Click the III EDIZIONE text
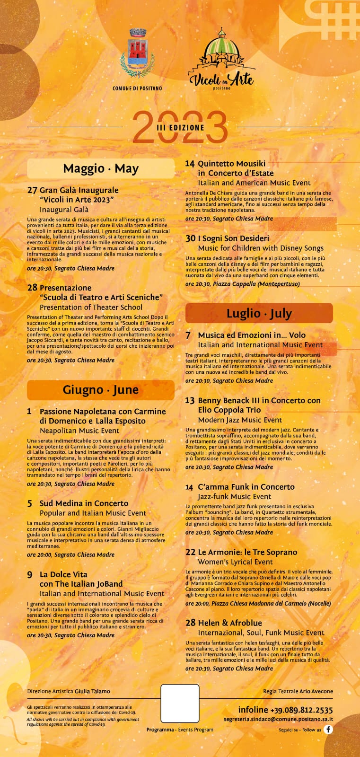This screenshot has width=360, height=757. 180,127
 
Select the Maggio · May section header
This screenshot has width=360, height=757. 101,168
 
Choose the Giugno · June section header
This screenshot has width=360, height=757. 101,390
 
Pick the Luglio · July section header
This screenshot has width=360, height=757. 259,313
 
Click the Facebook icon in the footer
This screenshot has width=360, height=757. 328,729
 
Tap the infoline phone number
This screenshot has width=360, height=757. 301,710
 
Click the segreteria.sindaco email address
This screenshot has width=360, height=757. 278,719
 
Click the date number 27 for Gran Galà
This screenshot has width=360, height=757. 32,190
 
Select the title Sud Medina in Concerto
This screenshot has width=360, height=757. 84,503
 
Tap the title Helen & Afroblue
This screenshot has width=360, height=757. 230,623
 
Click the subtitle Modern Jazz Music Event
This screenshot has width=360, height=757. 240,420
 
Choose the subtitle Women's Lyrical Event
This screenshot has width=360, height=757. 235,562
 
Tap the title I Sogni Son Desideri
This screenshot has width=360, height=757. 233,238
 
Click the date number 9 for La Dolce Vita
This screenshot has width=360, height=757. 30,575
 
